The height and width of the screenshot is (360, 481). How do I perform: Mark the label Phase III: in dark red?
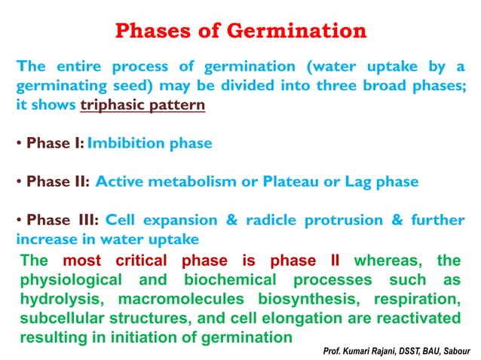point(63,221)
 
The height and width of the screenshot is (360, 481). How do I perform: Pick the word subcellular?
point(58,318)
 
